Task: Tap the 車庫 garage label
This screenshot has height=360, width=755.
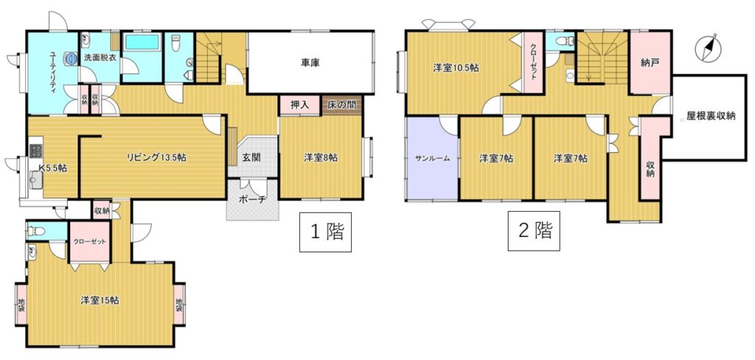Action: coord(311,62)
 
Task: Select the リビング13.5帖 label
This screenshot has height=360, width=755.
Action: coord(156,156)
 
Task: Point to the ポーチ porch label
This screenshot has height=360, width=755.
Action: coord(253,201)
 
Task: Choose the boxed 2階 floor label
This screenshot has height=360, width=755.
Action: coord(534,231)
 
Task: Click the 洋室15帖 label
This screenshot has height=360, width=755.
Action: coord(100,300)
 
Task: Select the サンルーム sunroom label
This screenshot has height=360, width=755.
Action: coord(433,157)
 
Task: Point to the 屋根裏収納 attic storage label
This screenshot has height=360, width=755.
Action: coord(711,116)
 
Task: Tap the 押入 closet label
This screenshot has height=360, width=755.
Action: coord(299,105)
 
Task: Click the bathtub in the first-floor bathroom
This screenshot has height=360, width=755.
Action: coord(142,42)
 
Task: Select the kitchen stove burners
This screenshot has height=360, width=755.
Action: coord(36,150)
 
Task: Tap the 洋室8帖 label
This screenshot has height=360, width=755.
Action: coord(320,157)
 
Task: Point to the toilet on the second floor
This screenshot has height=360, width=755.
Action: coord(560,42)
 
